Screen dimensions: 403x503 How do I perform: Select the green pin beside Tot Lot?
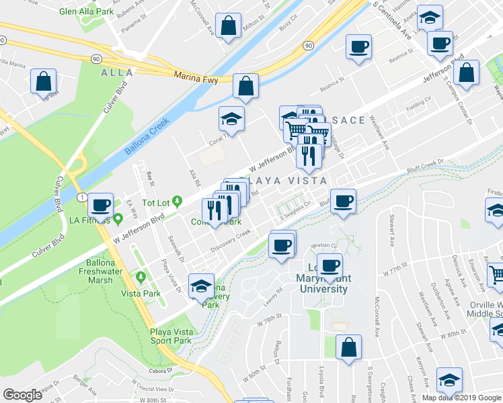(178, 200)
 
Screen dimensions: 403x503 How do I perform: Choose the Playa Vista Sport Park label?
(165, 337)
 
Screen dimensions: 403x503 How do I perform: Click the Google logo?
(22, 395)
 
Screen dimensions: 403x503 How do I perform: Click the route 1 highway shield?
(81, 197)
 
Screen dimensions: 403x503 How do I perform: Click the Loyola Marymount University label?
(319, 282)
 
